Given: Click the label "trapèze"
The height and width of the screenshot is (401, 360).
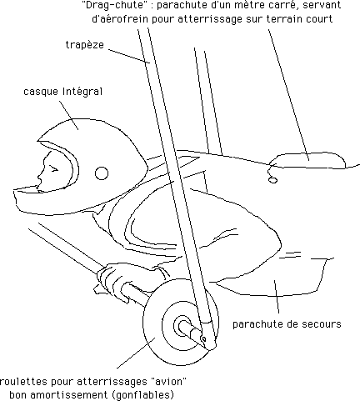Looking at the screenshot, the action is (85, 45).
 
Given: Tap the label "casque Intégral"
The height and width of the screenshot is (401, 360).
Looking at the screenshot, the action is (63, 92).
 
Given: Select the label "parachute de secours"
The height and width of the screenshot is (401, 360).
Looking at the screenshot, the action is (287, 324).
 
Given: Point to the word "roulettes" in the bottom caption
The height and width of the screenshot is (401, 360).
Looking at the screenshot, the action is (23, 382).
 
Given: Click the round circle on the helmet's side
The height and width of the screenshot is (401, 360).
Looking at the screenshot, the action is (102, 173).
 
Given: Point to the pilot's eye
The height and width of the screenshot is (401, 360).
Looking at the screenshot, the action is (53, 168).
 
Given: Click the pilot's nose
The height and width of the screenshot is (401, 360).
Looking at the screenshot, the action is (40, 176).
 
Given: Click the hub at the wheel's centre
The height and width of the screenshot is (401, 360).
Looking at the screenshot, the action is (182, 326).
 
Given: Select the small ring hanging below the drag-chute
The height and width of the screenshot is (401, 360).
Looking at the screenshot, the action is (272, 180).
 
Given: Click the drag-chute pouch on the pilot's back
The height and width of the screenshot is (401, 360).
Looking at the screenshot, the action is (307, 161).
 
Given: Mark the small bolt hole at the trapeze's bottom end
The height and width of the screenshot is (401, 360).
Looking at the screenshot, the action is (204, 339).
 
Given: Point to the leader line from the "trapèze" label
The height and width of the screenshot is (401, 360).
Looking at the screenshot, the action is (129, 57).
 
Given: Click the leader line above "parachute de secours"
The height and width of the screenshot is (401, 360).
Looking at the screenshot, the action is (277, 297).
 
